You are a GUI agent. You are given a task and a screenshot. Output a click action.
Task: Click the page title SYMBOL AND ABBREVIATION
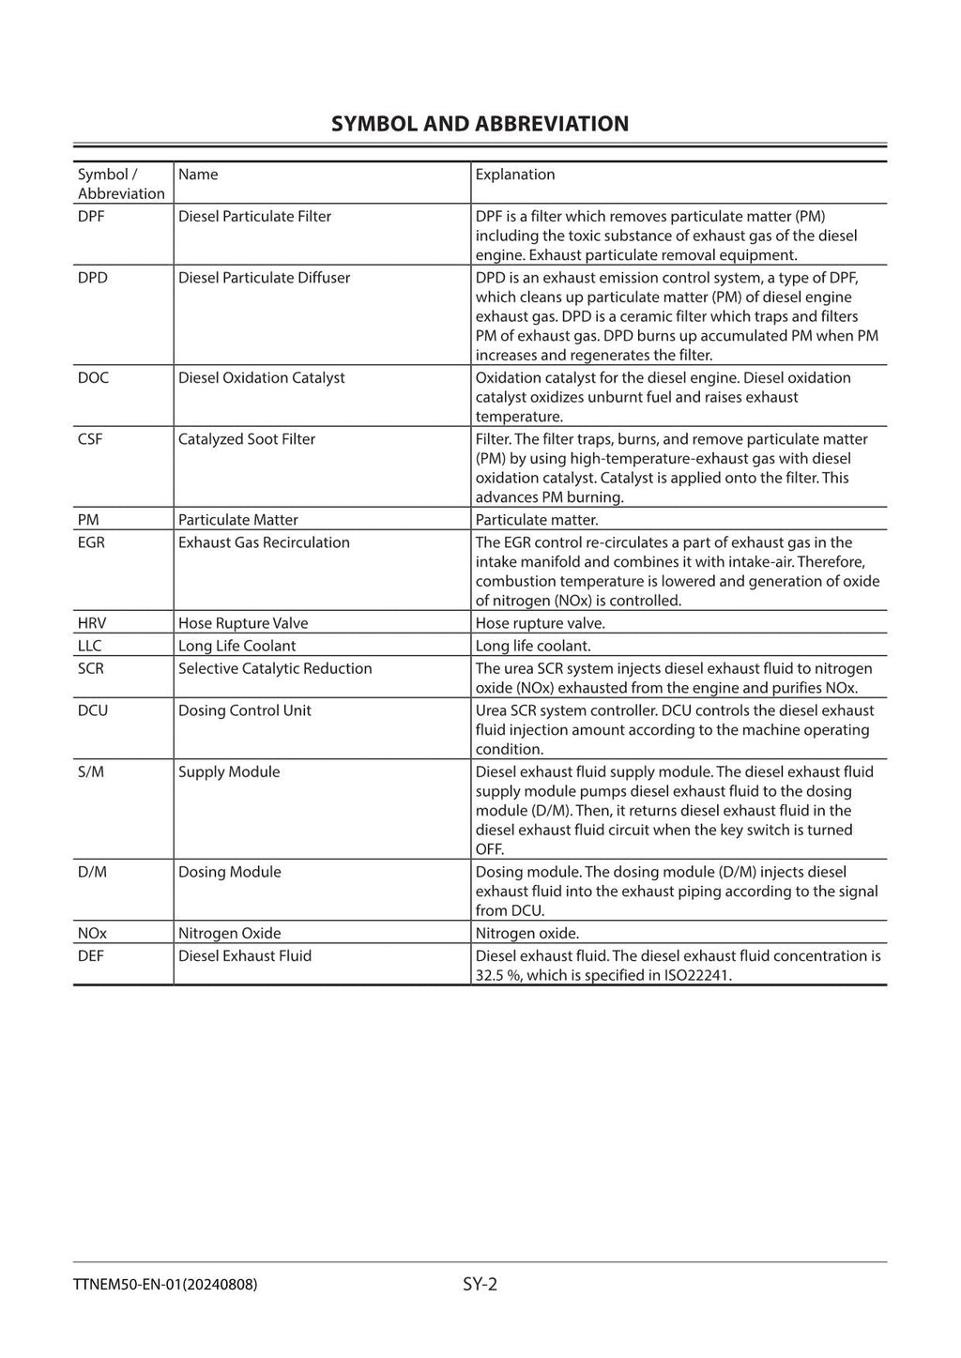pos(480,124)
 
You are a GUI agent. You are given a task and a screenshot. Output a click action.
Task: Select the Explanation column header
pos(514,175)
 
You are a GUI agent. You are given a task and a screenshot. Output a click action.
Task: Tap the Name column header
pos(198,175)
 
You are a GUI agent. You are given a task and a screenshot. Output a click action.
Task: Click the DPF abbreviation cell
pos(92,217)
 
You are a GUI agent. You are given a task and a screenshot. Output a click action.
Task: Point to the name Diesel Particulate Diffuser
pos(264,278)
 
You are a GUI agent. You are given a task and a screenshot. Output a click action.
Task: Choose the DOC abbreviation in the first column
pos(93,378)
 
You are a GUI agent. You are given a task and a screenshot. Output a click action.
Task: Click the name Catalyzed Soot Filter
pos(246,439)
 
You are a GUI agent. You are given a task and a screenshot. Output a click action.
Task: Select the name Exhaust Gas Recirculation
pos(264,542)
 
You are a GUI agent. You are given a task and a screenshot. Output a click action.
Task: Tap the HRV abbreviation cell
pos(92,623)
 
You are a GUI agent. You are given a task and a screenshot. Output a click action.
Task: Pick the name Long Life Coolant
pos(236,646)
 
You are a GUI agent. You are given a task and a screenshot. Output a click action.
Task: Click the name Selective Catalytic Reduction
pos(275,668)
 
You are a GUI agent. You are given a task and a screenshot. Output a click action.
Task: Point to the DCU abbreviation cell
pos(93,710)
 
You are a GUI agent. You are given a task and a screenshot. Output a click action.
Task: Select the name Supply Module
pos(229,771)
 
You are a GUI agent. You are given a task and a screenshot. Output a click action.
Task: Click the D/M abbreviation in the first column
pos(92,872)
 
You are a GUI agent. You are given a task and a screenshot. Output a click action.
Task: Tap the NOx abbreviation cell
pos(92,933)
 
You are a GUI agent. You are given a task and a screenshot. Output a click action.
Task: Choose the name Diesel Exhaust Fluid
pos(244,955)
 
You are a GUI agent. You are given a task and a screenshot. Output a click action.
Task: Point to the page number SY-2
pos(480,1284)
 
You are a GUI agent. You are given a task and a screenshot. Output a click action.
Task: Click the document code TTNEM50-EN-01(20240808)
pos(164,1285)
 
